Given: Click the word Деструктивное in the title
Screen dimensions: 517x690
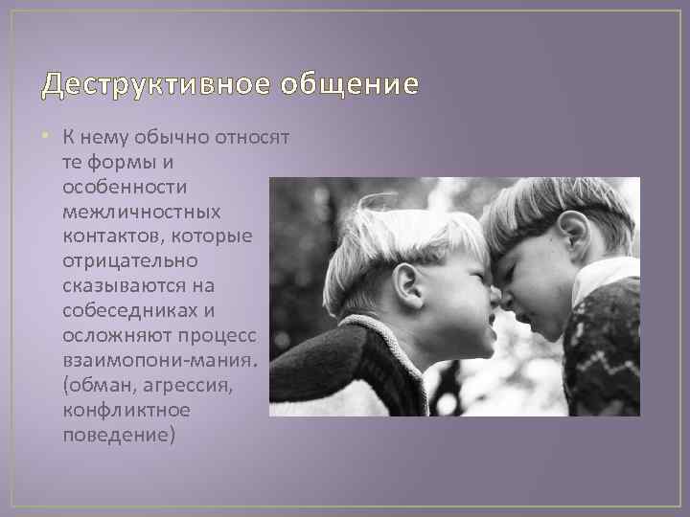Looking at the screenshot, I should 157,85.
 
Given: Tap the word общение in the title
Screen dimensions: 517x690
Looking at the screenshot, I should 350,85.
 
